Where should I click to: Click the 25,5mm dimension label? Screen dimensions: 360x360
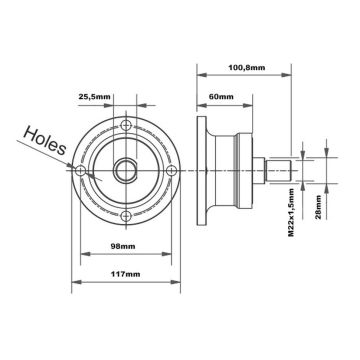97,96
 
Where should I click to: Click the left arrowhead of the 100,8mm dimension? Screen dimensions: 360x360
199,80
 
